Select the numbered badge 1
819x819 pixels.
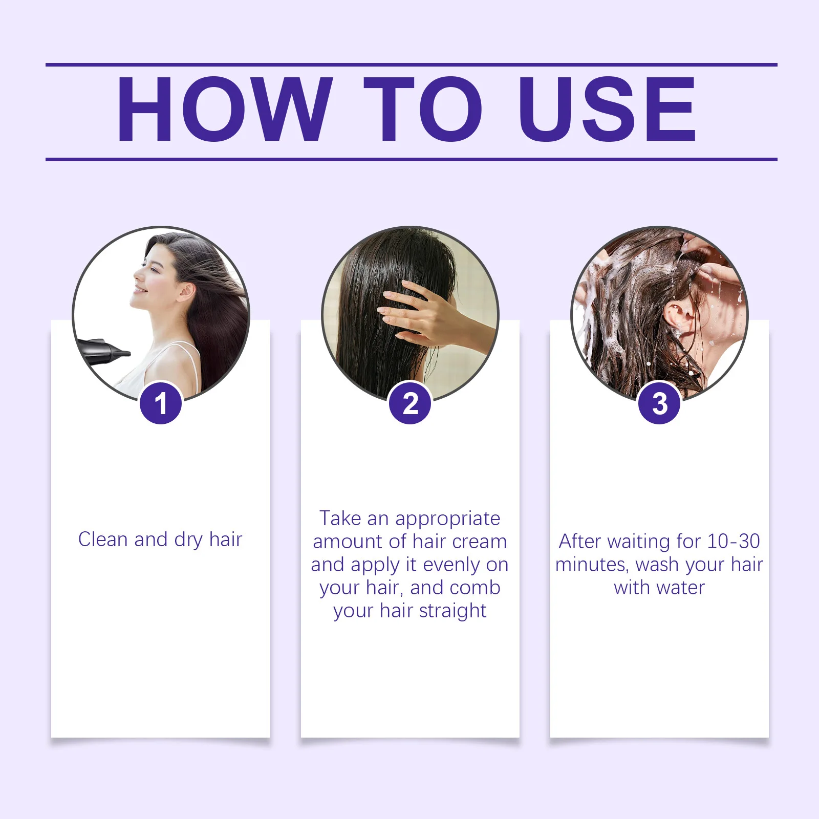pos(161,403)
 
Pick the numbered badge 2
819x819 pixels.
pos(410,403)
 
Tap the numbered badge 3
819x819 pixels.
pos(659,403)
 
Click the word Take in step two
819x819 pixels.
pos(340,519)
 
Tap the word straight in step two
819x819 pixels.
pos(452,611)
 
